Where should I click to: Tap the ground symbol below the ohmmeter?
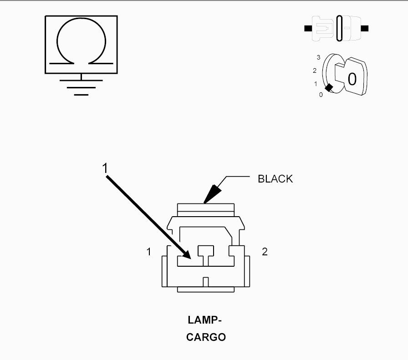[81, 87]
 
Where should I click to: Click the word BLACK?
[275, 179]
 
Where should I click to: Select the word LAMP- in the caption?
[204, 320]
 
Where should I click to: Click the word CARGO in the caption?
[206, 337]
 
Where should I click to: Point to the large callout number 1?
[105, 168]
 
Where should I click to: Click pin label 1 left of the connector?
[148, 252]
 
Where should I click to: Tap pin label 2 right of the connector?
[265, 252]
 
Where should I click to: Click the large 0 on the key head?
[352, 79]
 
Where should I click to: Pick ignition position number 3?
[318, 57]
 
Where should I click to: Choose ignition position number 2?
[315, 71]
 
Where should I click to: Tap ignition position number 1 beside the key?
[316, 84]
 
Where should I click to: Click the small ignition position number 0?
[321, 95]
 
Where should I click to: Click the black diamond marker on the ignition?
[329, 88]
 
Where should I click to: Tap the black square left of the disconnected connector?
[308, 28]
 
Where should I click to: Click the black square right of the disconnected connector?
[365, 28]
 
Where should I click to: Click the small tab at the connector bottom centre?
[205, 282]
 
